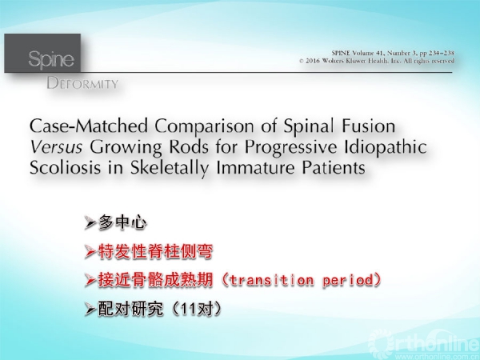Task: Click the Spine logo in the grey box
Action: pos(51,59)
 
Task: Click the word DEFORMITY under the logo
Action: pos(82,83)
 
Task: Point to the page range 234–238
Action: pos(442,53)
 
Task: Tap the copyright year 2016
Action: pos(313,61)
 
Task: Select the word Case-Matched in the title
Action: pos(89,126)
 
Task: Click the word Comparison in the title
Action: pos(204,126)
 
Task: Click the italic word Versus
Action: pos(56,147)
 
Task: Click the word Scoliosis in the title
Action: pos(65,167)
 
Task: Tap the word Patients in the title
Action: pos(334,167)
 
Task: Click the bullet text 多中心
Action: pos(122,222)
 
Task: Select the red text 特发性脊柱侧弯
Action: pos(155,252)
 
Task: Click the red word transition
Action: pos(271,281)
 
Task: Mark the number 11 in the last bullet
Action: pos(187,310)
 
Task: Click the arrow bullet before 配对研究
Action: pos(90,310)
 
